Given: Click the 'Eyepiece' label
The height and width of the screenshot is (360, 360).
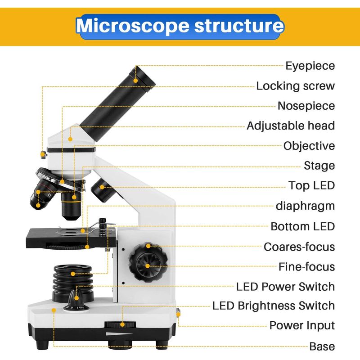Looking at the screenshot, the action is pos(310,66).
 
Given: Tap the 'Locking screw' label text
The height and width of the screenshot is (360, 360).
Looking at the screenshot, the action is pos(296,86).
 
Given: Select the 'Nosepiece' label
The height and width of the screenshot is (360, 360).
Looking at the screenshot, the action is pos(306,106).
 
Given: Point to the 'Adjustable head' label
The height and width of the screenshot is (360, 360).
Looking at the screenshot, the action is pos(291,126).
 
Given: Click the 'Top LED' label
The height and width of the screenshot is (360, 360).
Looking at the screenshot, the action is pos(311,185).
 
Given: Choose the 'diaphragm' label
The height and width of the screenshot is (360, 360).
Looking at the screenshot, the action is pos(305,206).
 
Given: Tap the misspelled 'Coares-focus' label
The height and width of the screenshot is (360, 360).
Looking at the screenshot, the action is pos(299,247).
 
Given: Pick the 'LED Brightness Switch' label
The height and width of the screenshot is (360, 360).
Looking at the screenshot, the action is pos(274,306).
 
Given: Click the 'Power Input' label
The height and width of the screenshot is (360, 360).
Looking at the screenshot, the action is pos(302,325).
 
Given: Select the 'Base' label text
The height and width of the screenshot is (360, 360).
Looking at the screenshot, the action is pos(322,346).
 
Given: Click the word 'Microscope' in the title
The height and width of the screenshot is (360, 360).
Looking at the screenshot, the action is pos(133,25).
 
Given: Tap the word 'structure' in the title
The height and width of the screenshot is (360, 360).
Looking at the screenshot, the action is pos(239,25).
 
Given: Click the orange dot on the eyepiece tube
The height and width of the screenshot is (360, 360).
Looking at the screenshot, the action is pos(136,81).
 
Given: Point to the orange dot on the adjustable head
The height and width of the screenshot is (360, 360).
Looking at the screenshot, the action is pos(70,139).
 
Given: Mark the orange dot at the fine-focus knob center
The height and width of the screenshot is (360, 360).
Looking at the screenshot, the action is pos(148,266).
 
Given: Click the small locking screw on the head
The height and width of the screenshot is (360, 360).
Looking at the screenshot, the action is pos(43,155).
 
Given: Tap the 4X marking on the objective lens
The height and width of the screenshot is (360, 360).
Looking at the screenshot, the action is pos(49,195).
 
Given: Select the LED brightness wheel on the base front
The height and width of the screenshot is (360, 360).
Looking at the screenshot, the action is pos(120,324).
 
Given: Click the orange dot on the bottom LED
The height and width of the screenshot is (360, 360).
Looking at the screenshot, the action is pos(73,274).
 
